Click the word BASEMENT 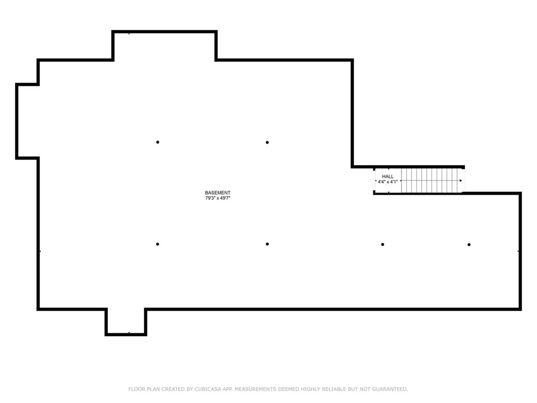coord(218,193)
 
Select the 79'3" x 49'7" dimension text coord(218,198)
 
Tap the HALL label coord(388,177)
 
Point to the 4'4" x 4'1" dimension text coord(388,182)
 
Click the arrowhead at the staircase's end coord(461,181)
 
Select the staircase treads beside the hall coord(431,181)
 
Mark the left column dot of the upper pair coord(158,142)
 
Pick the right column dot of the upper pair coord(267,142)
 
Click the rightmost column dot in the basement coord(469,245)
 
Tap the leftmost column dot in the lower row coord(157,244)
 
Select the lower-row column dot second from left coord(267,244)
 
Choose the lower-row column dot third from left coord(383,244)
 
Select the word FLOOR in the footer coord(137,389)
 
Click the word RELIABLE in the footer coord(334,389)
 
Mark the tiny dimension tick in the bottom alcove coord(129,332)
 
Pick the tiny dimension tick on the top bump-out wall coord(129,34)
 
